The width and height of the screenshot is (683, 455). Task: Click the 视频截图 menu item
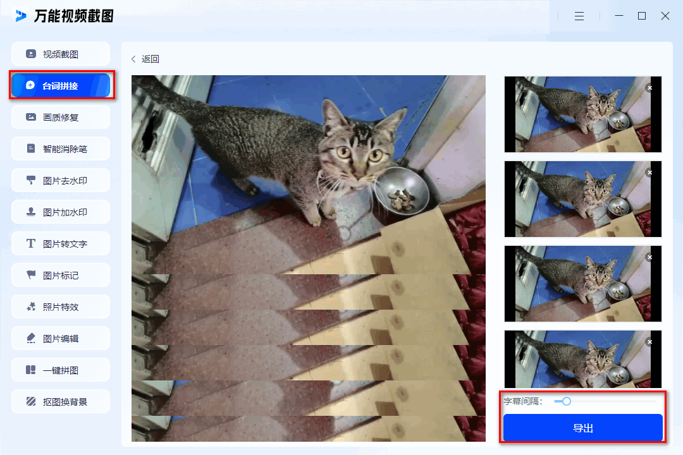(x=61, y=54)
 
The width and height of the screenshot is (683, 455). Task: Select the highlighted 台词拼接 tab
(x=61, y=85)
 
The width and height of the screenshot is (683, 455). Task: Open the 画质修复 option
(x=61, y=117)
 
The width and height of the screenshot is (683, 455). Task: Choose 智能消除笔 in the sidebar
(x=61, y=149)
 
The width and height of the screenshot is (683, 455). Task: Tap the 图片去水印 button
(x=61, y=180)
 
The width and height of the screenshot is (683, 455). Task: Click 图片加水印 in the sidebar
(x=61, y=212)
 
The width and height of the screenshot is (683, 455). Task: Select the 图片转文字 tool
(x=61, y=243)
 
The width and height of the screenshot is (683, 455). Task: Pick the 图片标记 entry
(x=61, y=275)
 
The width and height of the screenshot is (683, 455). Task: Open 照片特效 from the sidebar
(x=61, y=306)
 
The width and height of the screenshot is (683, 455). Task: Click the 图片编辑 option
(x=61, y=338)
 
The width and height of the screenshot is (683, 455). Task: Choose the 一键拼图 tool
(x=61, y=370)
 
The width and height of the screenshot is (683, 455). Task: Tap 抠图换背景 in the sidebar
(x=61, y=401)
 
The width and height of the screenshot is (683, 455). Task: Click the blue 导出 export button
(x=583, y=428)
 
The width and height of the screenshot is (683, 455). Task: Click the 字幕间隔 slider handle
(x=566, y=401)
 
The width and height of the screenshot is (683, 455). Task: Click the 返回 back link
(x=145, y=59)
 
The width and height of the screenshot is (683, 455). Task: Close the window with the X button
(x=665, y=16)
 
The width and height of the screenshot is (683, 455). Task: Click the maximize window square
(x=642, y=16)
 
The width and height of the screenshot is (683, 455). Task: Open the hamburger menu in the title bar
(x=579, y=16)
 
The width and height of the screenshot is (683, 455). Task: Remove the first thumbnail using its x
(x=649, y=88)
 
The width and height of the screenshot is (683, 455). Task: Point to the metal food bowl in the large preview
(x=401, y=191)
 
